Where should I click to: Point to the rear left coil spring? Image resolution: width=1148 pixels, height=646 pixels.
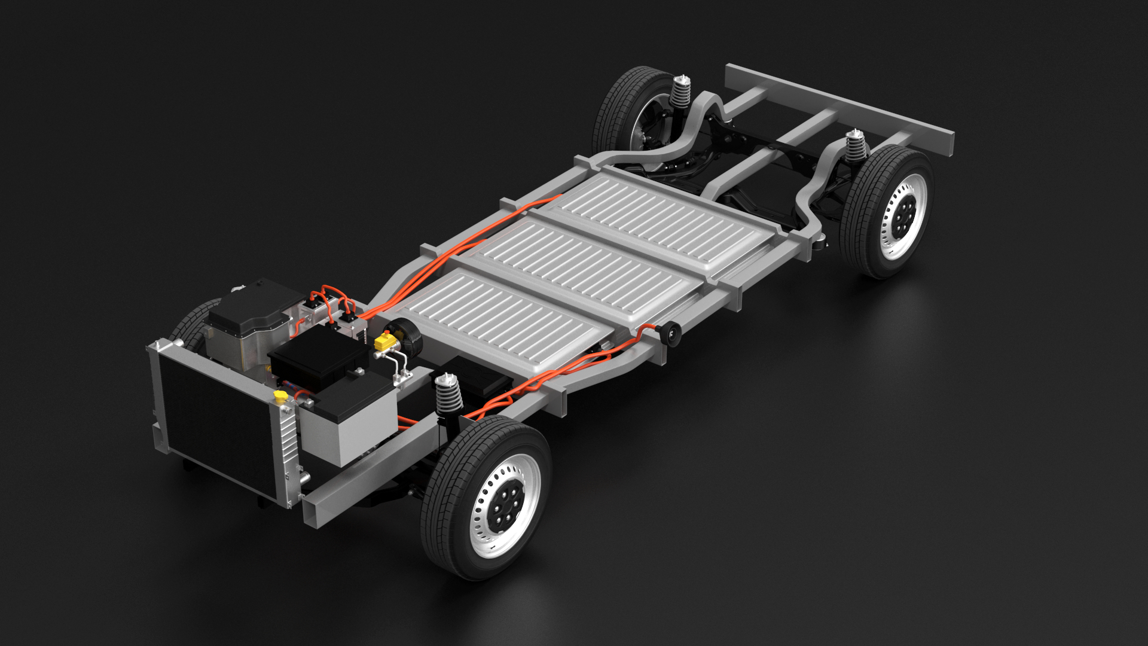[679, 92]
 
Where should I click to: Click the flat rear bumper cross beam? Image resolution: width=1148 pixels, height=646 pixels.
[837, 108]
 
